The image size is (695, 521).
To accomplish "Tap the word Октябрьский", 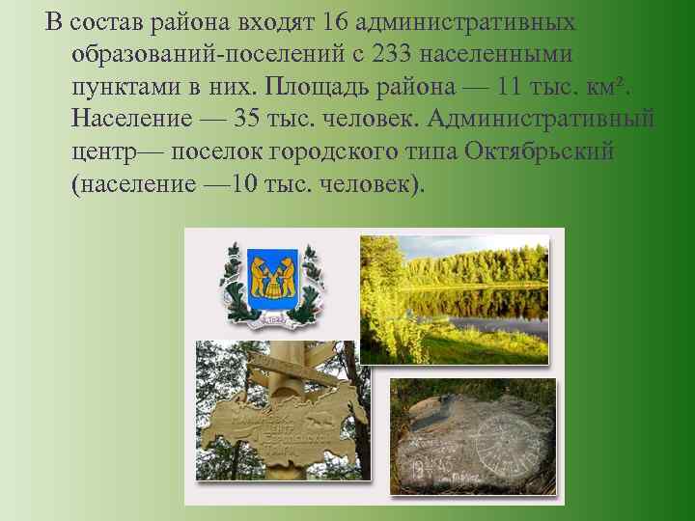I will pyautogui.click(x=540, y=152).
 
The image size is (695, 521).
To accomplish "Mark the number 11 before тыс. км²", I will pyautogui.click(x=513, y=86).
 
